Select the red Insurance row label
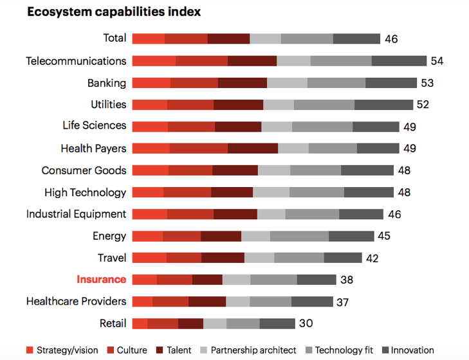tap(102, 280)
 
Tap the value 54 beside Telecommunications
tap(437, 61)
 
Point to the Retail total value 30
tap(306, 323)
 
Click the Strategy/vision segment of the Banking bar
tap(151, 83)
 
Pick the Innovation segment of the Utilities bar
tap(383, 105)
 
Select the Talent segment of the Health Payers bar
tap(253, 148)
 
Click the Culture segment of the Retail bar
tap(163, 323)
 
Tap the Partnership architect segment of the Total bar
tap(265, 39)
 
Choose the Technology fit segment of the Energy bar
tap(299, 236)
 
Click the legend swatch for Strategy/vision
tap(30, 350)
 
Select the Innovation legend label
tap(412, 350)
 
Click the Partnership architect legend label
tap(253, 350)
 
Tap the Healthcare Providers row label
tap(76, 301)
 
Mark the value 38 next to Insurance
tap(347, 280)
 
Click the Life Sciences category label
tap(95, 125)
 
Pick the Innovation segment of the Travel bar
tap(343, 258)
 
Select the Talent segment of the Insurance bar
tap(207, 280)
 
